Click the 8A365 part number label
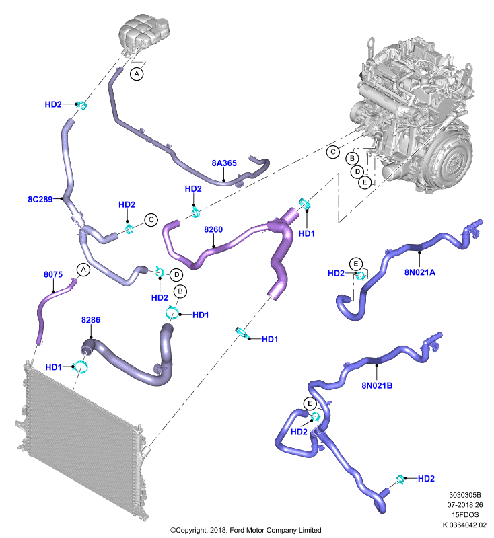pyautogui.click(x=224, y=163)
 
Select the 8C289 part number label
pyautogui.click(x=40, y=199)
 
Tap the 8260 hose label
pyautogui.click(x=213, y=229)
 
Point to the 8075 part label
pyautogui.click(x=53, y=274)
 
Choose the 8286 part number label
pyautogui.click(x=91, y=320)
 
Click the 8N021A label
pyautogui.click(x=420, y=272)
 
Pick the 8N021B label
pyautogui.click(x=377, y=385)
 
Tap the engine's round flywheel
pyautogui.click(x=450, y=161)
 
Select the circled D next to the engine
pyautogui.click(x=357, y=171)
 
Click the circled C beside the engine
pyautogui.click(x=332, y=152)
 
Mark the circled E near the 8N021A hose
pyautogui.click(x=355, y=264)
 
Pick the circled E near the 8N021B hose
pyautogui.click(x=310, y=403)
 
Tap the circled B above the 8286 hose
pyautogui.click(x=180, y=292)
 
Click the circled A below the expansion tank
pyautogui.click(x=137, y=74)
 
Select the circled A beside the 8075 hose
pyautogui.click(x=83, y=270)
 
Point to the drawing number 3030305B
pyautogui.click(x=465, y=495)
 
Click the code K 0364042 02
pyautogui.click(x=464, y=525)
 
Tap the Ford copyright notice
pyautogui.click(x=246, y=530)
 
